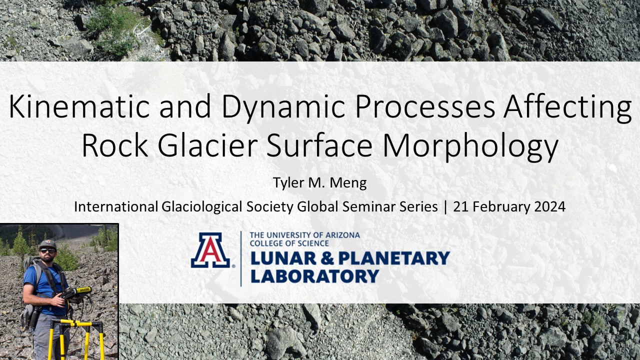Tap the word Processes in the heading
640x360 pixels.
[425, 106]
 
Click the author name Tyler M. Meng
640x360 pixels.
[319, 183]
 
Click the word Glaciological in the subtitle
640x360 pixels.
[202, 207]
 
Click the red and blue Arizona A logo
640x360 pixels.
[210, 250]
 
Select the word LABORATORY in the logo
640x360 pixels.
[314, 276]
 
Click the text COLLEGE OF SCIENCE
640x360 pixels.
[289, 243]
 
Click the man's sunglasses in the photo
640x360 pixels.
[47, 251]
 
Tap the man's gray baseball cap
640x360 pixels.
[47, 243]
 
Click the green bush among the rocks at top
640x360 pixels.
[113, 30]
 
